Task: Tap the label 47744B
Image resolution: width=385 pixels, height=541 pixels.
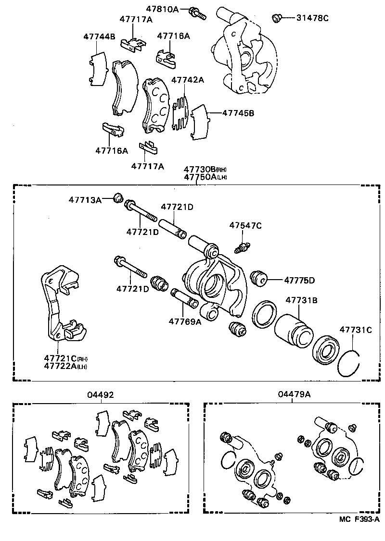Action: pos(99,36)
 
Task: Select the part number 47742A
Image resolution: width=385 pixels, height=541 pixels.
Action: pos(187,80)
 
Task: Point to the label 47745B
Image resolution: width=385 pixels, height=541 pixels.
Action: pos(238,113)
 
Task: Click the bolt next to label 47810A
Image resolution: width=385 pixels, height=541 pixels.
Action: pos(197,13)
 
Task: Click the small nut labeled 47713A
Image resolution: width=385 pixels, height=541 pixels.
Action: pos(117,197)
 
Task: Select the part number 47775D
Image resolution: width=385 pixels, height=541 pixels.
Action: pos(299,280)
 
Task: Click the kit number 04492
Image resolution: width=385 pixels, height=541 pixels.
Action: pos(101,394)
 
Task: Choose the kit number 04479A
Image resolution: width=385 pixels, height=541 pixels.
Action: pos(294,394)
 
